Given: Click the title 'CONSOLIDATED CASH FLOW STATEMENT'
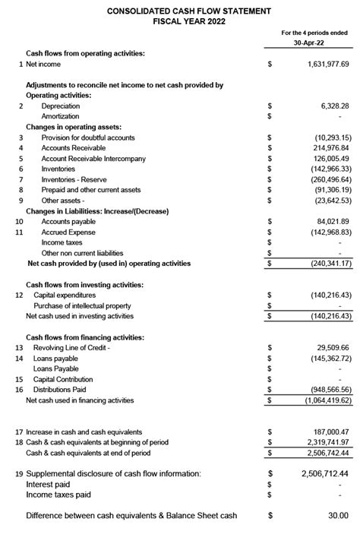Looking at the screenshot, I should pyautogui.click(x=179, y=11).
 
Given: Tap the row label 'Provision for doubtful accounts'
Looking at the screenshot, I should pyautogui.click(x=88, y=137).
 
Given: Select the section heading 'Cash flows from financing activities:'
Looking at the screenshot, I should pyautogui.click(x=85, y=337).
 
